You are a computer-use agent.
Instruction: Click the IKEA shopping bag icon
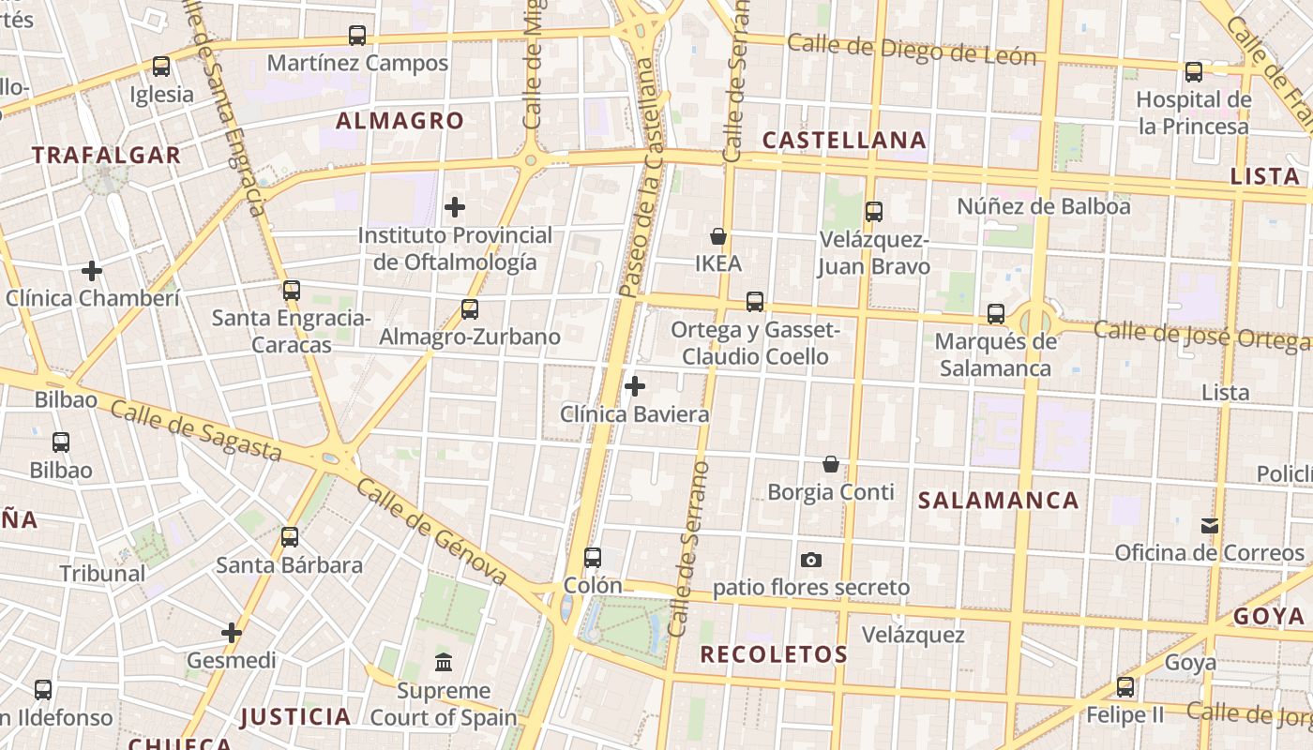pyautogui.click(x=718, y=236)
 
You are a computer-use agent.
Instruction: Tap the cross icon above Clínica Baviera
pyautogui.click(x=635, y=385)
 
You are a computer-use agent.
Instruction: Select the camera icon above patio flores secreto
pyautogui.click(x=811, y=560)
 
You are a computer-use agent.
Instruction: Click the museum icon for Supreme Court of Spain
pyautogui.click(x=444, y=663)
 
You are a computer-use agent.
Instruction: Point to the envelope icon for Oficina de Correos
pyautogui.click(x=1210, y=525)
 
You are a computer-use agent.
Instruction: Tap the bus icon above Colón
pyautogui.click(x=593, y=557)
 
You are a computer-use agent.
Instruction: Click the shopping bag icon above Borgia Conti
pyautogui.click(x=831, y=464)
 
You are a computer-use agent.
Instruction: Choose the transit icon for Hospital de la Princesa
pyautogui.click(x=1194, y=71)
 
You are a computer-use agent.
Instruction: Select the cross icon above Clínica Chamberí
pyautogui.click(x=92, y=271)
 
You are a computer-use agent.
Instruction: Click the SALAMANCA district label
pyautogui.click(x=999, y=501)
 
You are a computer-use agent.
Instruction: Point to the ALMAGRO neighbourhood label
pyautogui.click(x=400, y=121)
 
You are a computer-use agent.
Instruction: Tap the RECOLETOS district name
pyautogui.click(x=774, y=654)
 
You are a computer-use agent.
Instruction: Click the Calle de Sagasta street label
pyautogui.click(x=195, y=430)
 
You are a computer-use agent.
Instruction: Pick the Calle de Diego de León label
pyautogui.click(x=912, y=50)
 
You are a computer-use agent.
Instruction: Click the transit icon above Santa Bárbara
pyautogui.click(x=290, y=537)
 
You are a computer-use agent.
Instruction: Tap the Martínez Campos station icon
pyautogui.click(x=357, y=36)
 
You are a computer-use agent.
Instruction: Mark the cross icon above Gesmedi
pyautogui.click(x=232, y=633)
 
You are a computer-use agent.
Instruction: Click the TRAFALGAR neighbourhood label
pyautogui.click(x=106, y=156)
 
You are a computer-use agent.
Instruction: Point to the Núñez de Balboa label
pyautogui.click(x=1044, y=205)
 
